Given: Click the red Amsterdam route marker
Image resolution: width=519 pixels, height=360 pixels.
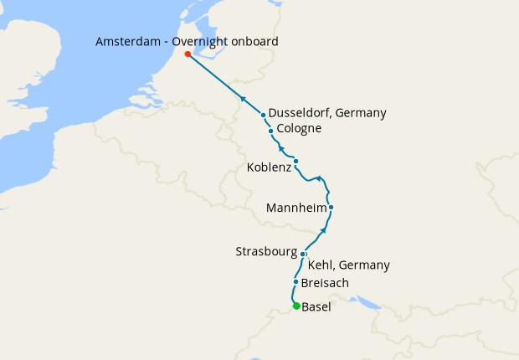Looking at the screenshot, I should click(188, 55).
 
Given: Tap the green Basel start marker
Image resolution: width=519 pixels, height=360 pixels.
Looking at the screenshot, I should click(296, 306).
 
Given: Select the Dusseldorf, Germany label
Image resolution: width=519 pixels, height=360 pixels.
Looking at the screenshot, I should click(327, 114).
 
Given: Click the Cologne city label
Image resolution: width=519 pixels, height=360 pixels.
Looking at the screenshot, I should click(299, 129).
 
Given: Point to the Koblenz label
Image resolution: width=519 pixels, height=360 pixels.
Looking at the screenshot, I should click(269, 167).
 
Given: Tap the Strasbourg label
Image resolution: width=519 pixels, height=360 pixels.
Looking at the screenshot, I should click(267, 251).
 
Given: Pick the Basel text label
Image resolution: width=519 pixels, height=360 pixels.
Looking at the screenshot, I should click(316, 307).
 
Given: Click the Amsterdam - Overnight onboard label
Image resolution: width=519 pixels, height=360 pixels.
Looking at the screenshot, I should click(187, 41).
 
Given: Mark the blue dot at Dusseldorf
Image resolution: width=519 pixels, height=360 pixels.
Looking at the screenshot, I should click(264, 115).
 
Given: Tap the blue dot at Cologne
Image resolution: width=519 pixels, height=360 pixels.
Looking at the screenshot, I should click(271, 131).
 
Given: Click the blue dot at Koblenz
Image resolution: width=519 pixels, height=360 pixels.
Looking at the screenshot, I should click(295, 161).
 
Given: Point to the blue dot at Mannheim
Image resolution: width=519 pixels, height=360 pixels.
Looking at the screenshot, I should click(331, 207).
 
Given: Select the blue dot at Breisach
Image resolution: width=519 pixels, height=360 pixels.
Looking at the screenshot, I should click(295, 282).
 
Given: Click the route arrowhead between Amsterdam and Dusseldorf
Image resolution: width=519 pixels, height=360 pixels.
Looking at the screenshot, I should click(243, 99).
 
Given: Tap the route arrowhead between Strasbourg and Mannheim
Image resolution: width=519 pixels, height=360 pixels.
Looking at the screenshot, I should click(325, 229).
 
